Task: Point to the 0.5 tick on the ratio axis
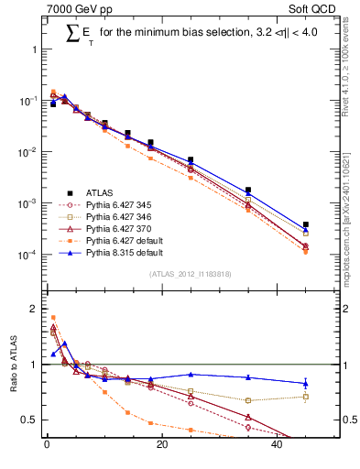tap(32, 420)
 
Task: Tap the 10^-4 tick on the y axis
tap(29, 255)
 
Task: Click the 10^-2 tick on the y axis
tap(29, 152)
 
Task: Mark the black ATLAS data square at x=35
tap(248, 190)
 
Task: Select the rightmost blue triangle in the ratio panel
tap(306, 383)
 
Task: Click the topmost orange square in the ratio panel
tap(53, 317)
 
